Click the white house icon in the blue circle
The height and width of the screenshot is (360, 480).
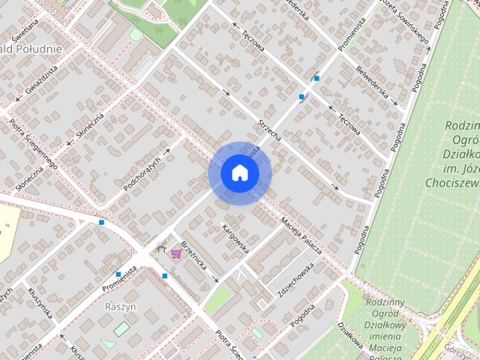pos(239,172)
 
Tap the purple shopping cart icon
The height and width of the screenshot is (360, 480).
pos(176,254)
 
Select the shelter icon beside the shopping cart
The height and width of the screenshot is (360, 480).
pos(161,247)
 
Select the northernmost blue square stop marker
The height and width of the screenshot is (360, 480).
pos(317,77)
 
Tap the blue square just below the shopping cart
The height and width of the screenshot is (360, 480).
pos(165,276)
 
